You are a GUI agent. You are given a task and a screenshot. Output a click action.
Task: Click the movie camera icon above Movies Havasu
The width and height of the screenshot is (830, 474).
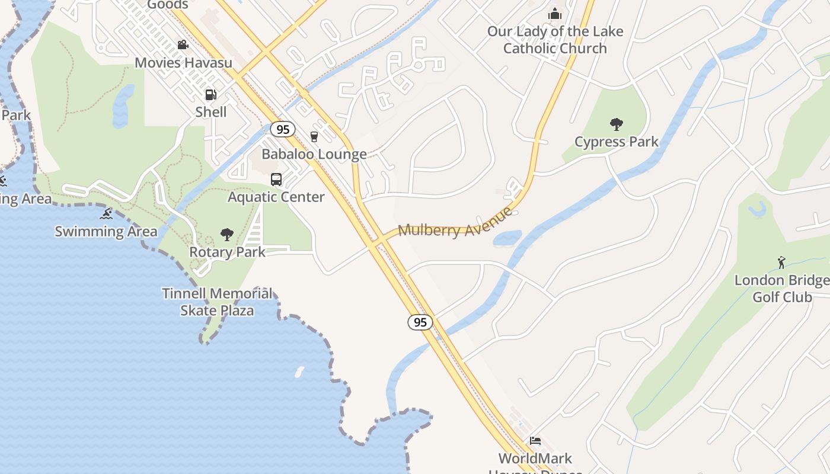pos(183,45)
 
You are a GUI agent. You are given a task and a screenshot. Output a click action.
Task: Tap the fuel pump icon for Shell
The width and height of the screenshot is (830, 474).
pos(210,95)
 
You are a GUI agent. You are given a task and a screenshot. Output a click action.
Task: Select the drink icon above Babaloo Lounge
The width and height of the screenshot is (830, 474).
pos(314,137)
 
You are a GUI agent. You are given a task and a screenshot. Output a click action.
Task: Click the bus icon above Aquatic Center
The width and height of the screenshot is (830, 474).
pos(276,180)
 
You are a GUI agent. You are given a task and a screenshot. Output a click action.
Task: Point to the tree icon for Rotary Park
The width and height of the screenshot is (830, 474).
pos(226,235)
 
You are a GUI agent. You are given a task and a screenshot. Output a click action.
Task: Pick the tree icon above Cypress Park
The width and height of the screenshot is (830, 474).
pos(617,124)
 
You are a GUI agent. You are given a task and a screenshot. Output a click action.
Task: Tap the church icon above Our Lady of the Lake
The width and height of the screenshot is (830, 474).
pos(555,14)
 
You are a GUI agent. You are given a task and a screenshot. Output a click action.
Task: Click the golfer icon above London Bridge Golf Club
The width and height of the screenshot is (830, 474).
pos(781,262)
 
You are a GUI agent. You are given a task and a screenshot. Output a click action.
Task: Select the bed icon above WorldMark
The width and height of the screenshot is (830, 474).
pos(535,441)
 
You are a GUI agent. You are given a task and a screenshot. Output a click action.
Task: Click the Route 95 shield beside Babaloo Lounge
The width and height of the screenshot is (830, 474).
pos(283,129)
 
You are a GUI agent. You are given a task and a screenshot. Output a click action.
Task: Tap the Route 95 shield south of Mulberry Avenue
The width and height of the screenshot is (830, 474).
pos(420,322)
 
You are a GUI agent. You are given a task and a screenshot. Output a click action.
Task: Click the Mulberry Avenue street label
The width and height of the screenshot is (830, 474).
pos(455,223)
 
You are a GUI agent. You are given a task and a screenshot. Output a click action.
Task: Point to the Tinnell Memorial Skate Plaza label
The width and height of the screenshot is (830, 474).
pos(217,302)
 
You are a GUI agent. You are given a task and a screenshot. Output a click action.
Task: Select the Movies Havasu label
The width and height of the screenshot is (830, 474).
pos(183,63)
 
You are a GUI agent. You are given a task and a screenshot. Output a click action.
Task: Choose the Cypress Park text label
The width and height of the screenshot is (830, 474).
pos(617,142)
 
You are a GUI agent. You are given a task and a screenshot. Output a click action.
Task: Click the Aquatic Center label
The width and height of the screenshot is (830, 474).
pos(276,197)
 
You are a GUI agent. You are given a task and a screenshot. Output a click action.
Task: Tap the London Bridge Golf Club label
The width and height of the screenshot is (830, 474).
pos(781,289)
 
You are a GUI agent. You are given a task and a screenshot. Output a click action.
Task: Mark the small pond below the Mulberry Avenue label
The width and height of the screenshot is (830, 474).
pos(507,238)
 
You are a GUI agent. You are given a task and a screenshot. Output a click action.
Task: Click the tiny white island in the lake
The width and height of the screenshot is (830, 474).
pos(299,371)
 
